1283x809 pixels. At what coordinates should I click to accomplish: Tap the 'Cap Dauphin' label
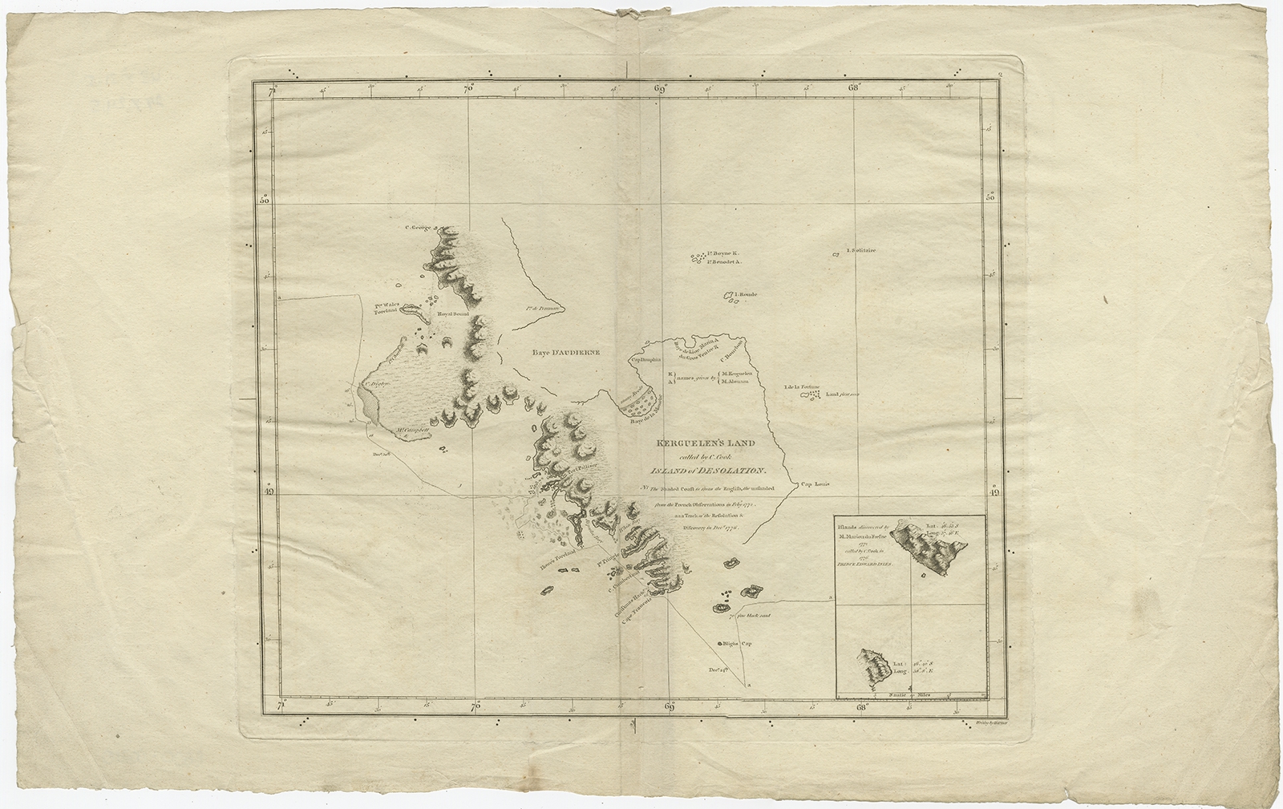(x=643, y=360)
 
